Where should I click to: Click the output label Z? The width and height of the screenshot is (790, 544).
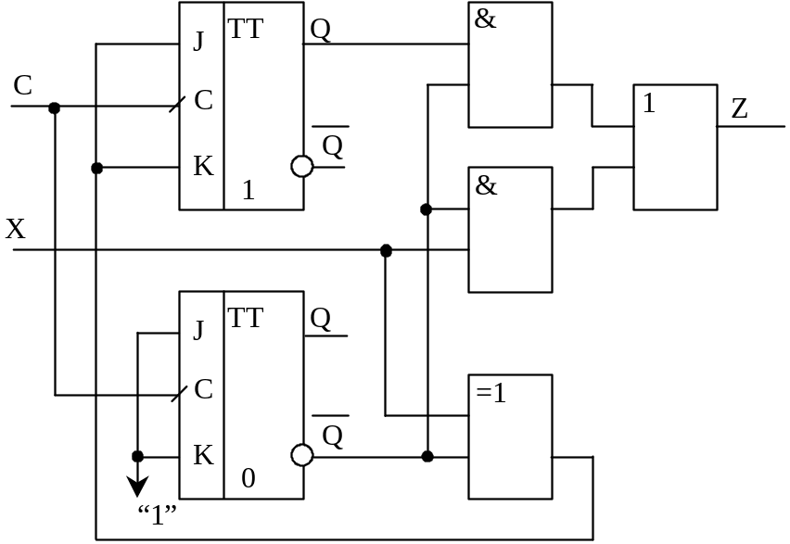(x=739, y=109)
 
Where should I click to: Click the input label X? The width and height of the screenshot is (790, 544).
(x=16, y=229)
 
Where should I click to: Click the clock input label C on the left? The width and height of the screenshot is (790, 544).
(x=23, y=86)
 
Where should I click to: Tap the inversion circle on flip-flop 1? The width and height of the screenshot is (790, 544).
(x=302, y=166)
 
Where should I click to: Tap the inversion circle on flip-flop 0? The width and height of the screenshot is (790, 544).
(x=302, y=455)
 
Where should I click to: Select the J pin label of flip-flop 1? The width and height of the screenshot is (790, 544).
(x=198, y=42)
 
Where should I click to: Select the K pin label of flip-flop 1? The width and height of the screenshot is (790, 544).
(x=202, y=167)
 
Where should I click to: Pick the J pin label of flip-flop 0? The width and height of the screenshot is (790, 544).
(x=198, y=331)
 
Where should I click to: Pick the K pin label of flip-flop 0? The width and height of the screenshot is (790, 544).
(x=202, y=455)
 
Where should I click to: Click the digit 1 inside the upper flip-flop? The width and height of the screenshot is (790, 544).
(x=248, y=191)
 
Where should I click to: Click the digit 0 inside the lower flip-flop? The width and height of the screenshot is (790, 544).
(x=248, y=479)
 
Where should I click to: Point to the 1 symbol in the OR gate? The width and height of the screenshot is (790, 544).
(x=648, y=104)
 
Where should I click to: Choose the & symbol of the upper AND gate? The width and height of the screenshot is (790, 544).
(x=485, y=19)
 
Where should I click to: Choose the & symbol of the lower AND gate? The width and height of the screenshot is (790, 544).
(x=485, y=185)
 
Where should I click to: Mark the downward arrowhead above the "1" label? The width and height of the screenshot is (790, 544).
(x=137, y=486)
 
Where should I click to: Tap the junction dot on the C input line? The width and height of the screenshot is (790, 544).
(x=54, y=108)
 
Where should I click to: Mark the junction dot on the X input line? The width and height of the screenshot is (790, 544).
(x=386, y=251)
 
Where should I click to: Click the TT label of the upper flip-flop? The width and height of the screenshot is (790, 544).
(x=246, y=29)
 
